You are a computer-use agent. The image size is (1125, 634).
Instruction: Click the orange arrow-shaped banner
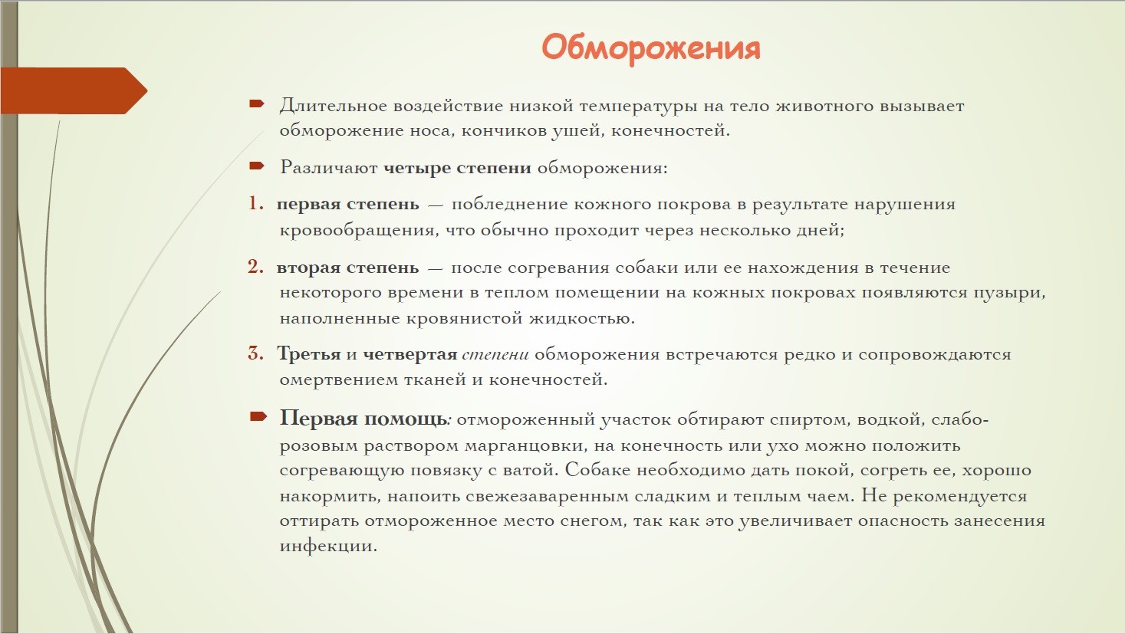pos(74,91)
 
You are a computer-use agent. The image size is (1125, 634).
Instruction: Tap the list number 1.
pos(255,203)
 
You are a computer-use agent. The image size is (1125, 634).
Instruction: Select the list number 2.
pos(255,267)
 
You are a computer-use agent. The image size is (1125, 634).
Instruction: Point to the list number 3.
pos(255,353)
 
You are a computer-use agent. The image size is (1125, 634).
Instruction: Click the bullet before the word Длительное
pos(257,104)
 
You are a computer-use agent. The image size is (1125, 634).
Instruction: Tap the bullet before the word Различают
pos(257,166)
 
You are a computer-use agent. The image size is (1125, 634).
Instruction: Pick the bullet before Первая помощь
pos(258,416)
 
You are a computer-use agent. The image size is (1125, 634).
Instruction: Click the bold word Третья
pos(309,354)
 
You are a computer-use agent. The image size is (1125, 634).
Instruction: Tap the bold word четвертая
pos(410,355)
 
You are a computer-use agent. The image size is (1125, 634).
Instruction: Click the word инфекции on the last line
pos(328,546)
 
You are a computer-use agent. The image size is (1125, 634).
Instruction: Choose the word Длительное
pos(334,106)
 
